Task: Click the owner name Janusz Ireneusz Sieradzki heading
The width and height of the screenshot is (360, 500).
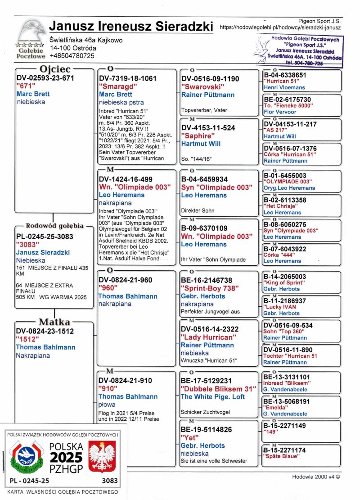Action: [x=131, y=27]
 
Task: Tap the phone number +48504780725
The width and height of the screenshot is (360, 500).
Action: [x=72, y=56]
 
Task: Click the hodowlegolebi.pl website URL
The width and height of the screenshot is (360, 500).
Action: [x=280, y=27]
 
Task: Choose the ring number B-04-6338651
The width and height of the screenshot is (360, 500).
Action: [x=285, y=75]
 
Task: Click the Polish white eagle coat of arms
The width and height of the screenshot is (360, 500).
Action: [x=102, y=456]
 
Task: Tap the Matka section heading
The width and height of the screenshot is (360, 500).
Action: [x=54, y=322]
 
